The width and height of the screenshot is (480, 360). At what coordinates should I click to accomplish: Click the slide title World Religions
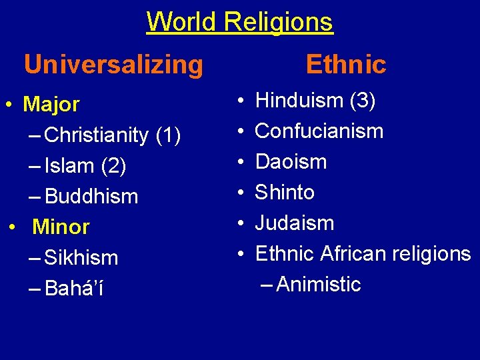pyautogui.click(x=239, y=21)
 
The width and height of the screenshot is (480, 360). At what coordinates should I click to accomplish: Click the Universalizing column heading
pyautogui.click(x=113, y=65)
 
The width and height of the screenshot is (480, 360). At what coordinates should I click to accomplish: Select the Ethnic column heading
pyautogui.click(x=345, y=65)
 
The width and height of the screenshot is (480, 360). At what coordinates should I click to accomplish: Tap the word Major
pyautogui.click(x=51, y=105)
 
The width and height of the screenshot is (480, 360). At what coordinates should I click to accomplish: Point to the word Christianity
pyautogui.click(x=98, y=135)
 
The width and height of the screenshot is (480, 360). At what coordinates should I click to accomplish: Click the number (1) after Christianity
pyautogui.click(x=167, y=135)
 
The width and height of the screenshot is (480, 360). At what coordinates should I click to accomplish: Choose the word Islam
pyautogui.click(x=69, y=166)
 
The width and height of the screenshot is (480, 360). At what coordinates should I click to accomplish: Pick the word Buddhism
pyautogui.click(x=91, y=197)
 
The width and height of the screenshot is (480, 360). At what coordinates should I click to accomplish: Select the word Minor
pyautogui.click(x=61, y=227)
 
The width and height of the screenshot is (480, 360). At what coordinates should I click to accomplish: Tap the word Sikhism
pyautogui.click(x=81, y=258)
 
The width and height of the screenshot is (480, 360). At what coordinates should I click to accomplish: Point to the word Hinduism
pyautogui.click(x=299, y=101)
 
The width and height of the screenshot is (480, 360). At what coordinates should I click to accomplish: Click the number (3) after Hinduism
pyautogui.click(x=363, y=101)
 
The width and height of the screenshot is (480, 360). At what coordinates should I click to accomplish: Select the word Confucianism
pyautogui.click(x=319, y=131)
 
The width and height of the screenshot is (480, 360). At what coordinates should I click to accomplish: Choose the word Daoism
pyautogui.click(x=291, y=162)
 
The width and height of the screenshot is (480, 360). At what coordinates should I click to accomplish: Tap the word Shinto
pyautogui.click(x=285, y=193)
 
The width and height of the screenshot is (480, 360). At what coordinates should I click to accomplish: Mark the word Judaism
pyautogui.click(x=294, y=223)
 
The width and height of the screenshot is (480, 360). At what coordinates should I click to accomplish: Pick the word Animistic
pyautogui.click(x=318, y=285)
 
